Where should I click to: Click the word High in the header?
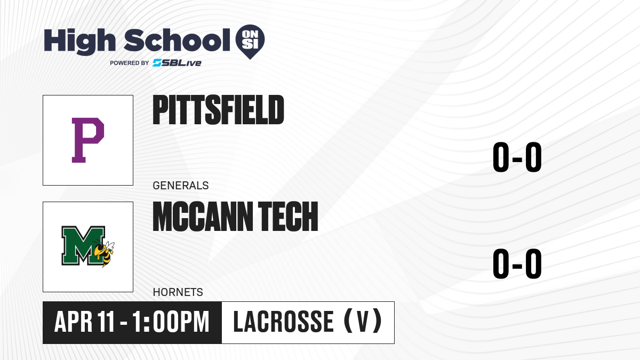tap(79, 41)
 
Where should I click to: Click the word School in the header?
tap(177, 40)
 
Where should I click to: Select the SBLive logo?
tap(177, 62)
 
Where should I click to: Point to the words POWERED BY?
tap(130, 63)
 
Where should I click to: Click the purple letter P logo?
tap(87, 140)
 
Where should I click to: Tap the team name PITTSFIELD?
tap(218, 110)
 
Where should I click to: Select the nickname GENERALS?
tap(181, 186)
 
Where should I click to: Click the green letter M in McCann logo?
tap(83, 246)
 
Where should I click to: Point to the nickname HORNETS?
tap(178, 292)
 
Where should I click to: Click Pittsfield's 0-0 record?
tap(517, 157)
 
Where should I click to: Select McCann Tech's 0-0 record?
tap(517, 263)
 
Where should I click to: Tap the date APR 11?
tap(85, 322)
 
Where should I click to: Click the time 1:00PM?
tap(171, 322)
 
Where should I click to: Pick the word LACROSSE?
tap(283, 322)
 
